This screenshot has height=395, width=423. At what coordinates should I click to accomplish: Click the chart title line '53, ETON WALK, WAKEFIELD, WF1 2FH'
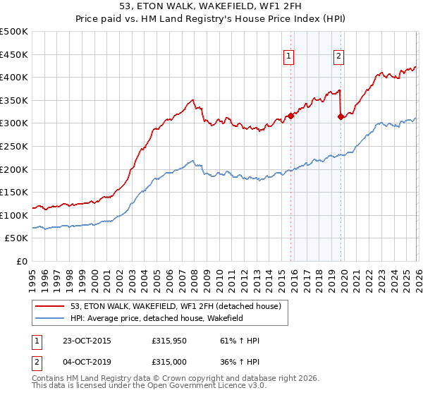point(211,6)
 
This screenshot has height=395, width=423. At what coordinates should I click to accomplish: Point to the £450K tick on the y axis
point(14,54)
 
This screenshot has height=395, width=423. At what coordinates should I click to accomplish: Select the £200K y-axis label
point(14,169)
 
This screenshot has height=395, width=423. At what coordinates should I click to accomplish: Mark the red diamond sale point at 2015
point(291,116)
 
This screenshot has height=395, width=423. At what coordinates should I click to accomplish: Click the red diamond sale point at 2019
point(341,117)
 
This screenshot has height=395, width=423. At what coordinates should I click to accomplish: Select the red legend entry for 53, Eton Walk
point(176,306)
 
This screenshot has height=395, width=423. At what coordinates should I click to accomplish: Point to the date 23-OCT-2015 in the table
point(86,341)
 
